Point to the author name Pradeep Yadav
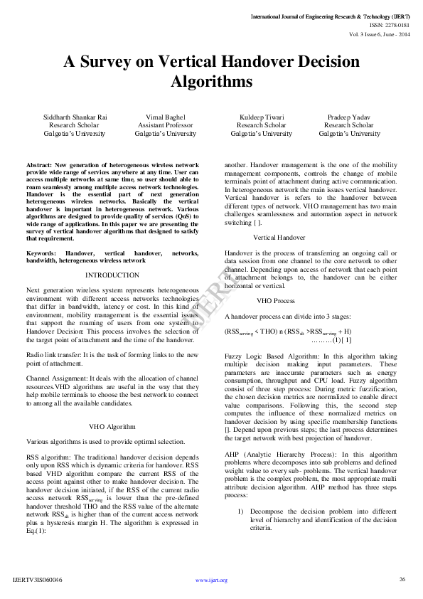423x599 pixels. pyautogui.click(x=349, y=116)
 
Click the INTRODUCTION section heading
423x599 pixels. pyautogui.click(x=112, y=275)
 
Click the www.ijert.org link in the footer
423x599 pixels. pyautogui.click(x=211, y=580)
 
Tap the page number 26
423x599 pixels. pyautogui.click(x=402, y=579)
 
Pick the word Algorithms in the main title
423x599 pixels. pyautogui.click(x=211, y=81)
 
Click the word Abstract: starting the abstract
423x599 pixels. pyautogui.click(x=38, y=164)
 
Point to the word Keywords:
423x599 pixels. pyautogui.click(x=41, y=253)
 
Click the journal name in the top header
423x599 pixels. pyautogui.click(x=333, y=16)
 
